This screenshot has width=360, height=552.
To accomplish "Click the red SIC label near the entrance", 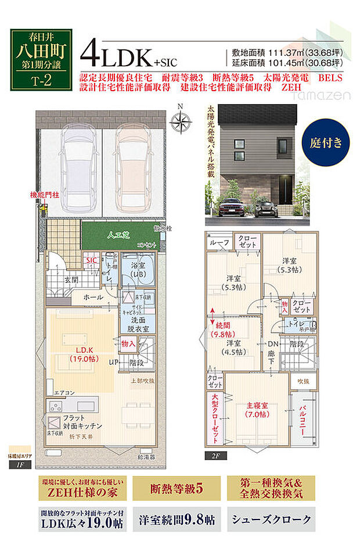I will point(91,261).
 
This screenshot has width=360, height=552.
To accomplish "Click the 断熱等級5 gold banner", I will point(177,489).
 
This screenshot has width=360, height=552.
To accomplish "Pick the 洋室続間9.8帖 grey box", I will point(177,519).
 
